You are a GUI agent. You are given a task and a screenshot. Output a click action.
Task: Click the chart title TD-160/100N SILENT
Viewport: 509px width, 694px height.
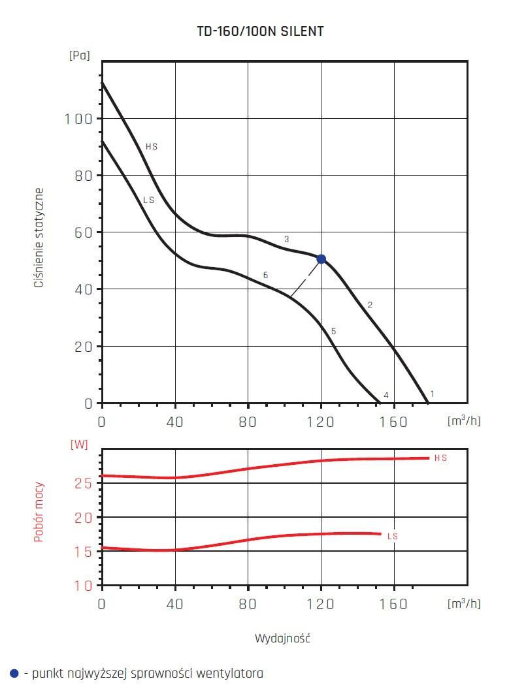click(x=260, y=31)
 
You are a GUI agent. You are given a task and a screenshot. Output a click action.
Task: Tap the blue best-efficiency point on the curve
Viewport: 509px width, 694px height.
click(x=321, y=259)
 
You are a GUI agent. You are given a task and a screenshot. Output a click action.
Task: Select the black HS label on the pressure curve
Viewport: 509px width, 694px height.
click(x=152, y=147)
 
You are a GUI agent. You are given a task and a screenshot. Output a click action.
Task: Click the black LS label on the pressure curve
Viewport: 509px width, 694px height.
click(x=149, y=200)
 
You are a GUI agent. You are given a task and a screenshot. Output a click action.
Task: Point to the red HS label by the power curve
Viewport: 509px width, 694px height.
click(x=441, y=458)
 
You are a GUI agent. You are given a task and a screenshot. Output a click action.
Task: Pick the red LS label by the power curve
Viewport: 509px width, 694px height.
click(x=393, y=537)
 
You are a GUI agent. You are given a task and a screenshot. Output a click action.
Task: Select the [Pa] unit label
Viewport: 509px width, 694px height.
click(x=79, y=55)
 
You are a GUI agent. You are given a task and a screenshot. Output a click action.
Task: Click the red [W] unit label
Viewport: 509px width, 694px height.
click(x=79, y=445)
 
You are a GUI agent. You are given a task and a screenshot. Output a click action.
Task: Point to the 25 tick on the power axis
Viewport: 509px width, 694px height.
click(x=83, y=484)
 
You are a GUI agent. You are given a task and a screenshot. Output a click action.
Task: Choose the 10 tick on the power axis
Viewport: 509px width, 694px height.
click(x=83, y=586)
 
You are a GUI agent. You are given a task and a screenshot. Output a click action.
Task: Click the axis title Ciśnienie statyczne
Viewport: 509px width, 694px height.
click(x=39, y=238)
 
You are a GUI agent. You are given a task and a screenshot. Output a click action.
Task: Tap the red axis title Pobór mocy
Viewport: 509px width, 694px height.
click(x=39, y=512)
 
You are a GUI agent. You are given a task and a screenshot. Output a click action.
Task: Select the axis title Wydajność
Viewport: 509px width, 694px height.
click(x=282, y=639)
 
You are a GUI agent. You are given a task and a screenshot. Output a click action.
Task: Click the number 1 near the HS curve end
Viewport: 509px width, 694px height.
click(x=432, y=394)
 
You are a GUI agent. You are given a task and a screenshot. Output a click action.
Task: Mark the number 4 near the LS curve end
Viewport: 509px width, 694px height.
click(x=386, y=396)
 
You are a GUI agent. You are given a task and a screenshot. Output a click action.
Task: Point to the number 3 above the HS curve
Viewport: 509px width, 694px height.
click(x=286, y=240)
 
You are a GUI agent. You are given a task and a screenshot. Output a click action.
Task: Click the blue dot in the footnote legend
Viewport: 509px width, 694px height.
click(x=14, y=673)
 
